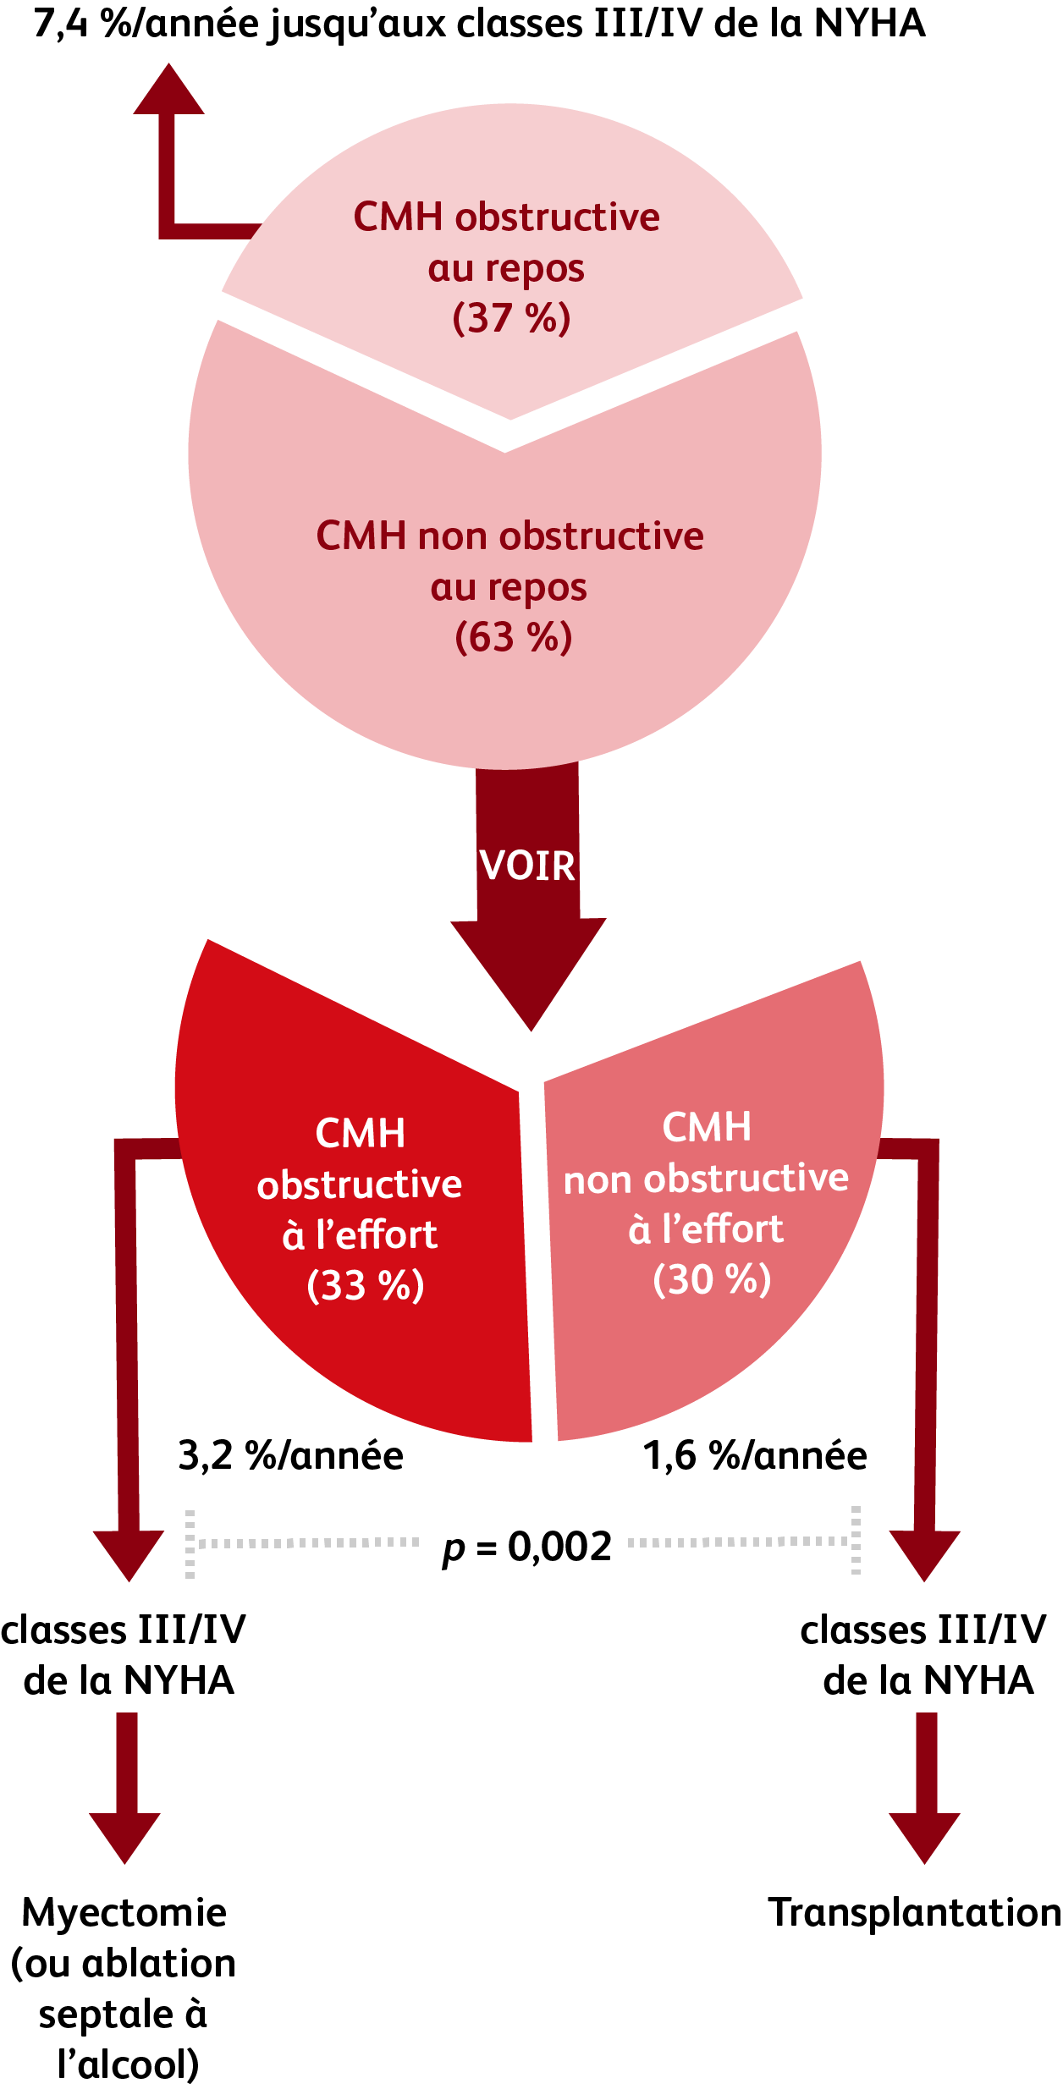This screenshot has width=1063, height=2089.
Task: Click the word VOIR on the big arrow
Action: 527,866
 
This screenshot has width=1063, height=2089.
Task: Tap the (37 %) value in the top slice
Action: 511,318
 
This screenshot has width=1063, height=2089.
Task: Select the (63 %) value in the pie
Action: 513,637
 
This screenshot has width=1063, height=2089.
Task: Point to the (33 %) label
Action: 365,1284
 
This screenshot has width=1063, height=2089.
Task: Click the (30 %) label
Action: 712,1278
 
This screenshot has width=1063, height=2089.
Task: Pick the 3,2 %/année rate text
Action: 290,1456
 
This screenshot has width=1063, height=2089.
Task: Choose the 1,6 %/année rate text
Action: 755,1456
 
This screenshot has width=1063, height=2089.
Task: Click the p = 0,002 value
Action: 526,1548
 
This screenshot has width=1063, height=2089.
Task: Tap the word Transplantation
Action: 914,1913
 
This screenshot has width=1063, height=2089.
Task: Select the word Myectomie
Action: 124,1913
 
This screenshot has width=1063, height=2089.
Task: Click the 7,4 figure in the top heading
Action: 61,24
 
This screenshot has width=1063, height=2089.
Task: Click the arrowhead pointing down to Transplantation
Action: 924,1838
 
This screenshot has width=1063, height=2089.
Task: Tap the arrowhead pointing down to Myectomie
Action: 125,1838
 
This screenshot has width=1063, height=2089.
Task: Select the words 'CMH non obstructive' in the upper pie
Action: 509,536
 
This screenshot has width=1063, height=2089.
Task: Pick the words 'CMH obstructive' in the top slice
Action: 506,217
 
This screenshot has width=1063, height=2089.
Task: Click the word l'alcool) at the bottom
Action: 128,2064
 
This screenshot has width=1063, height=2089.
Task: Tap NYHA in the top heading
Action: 869,24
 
